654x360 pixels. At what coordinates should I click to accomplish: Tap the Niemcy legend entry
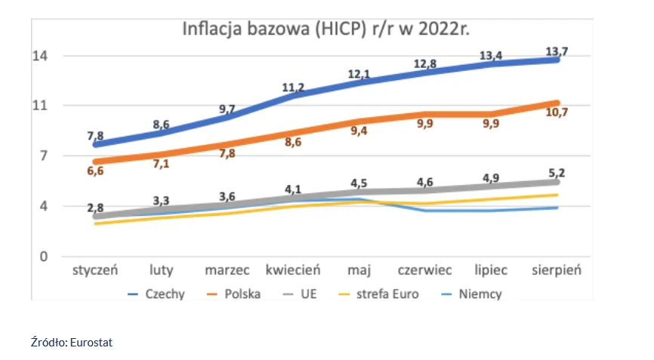click(x=480, y=294)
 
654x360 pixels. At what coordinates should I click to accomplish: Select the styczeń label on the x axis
click(x=97, y=270)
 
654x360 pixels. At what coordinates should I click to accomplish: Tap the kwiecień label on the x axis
click(x=293, y=270)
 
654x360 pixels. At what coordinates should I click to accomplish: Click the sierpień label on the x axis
click(x=557, y=270)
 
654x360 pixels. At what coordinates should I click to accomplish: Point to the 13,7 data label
click(x=557, y=51)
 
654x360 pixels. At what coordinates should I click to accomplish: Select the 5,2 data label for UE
click(x=557, y=173)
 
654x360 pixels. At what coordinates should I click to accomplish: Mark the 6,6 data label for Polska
click(x=94, y=171)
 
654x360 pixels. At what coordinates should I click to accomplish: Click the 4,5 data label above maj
click(x=359, y=183)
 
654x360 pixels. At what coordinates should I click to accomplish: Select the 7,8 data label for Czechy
click(x=95, y=136)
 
